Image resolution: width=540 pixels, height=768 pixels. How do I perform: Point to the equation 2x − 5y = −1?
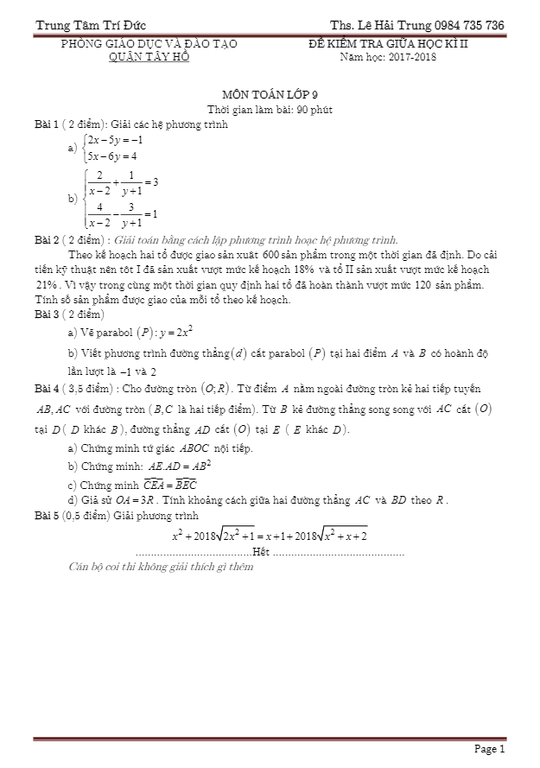115,139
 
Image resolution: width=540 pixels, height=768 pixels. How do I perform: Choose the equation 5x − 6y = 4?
112,156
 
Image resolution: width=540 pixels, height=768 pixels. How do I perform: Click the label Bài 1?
47,124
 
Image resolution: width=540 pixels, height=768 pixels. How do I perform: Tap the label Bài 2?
47,240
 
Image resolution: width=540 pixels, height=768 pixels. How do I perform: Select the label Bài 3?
47,313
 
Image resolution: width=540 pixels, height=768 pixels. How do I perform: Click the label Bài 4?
47,388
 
